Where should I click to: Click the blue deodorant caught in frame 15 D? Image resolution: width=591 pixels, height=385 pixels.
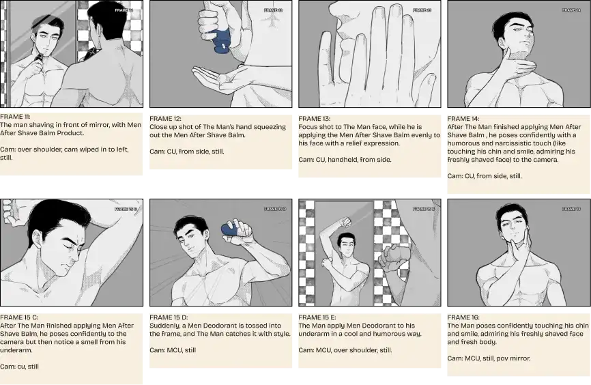pos(232,229)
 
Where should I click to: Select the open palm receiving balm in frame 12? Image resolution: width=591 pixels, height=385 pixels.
pos(215,73)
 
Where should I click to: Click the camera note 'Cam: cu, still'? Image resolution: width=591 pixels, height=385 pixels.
pos(19,367)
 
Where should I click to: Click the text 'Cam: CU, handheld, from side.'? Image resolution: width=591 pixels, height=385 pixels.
pos(345,160)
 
